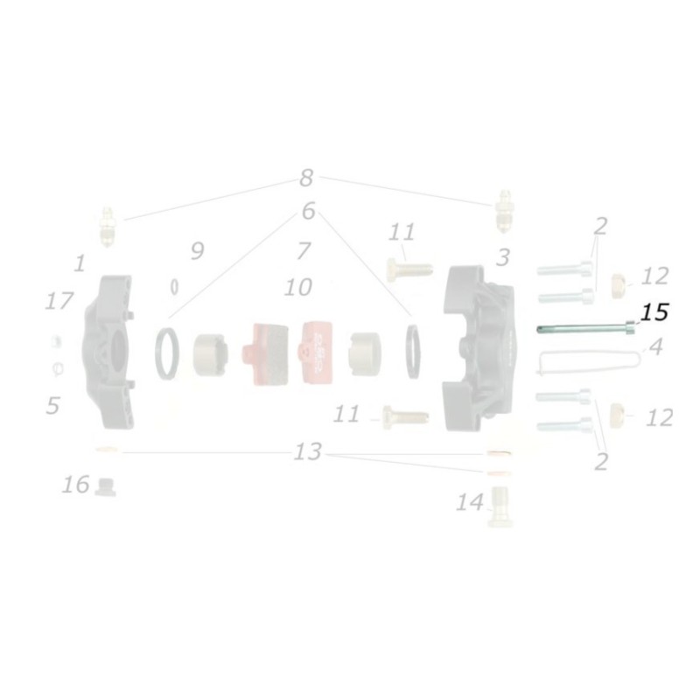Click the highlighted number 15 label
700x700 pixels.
(x=654, y=312)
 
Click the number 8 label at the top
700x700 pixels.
(x=305, y=178)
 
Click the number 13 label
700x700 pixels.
(x=307, y=452)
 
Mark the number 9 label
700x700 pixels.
(x=197, y=252)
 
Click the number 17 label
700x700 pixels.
(x=59, y=302)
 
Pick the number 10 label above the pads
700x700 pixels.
(x=297, y=287)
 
